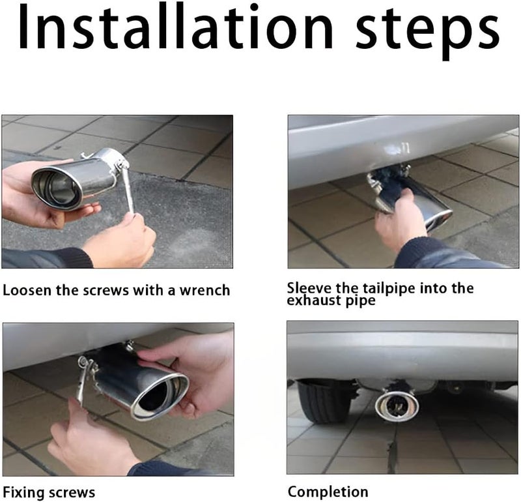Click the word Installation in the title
click(x=175, y=27)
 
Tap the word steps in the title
click(x=427, y=32)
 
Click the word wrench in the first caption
click(x=204, y=290)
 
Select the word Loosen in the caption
click(x=27, y=290)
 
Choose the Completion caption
click(x=328, y=492)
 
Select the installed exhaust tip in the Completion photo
click(x=397, y=406)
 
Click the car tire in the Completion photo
click(x=323, y=402)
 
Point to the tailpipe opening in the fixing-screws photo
click(x=160, y=396)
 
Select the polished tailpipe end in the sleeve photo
click(x=435, y=213)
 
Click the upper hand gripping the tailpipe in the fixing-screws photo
click(x=193, y=369)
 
